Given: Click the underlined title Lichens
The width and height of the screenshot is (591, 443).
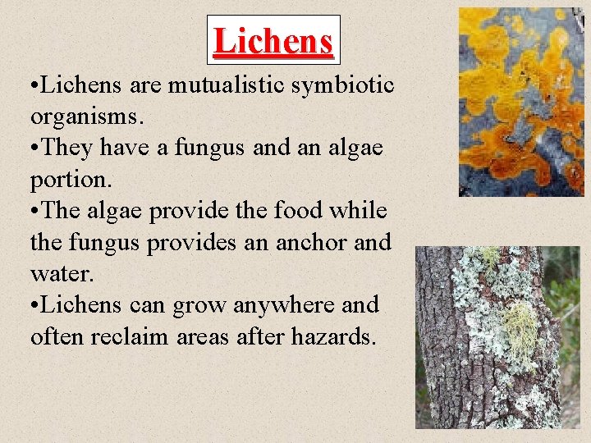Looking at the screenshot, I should [273, 40].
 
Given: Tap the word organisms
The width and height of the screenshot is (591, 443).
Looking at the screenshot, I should [87, 116].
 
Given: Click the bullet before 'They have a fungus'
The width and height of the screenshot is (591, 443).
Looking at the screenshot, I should [34, 148].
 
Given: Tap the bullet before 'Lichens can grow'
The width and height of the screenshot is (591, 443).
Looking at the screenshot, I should [34, 306].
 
